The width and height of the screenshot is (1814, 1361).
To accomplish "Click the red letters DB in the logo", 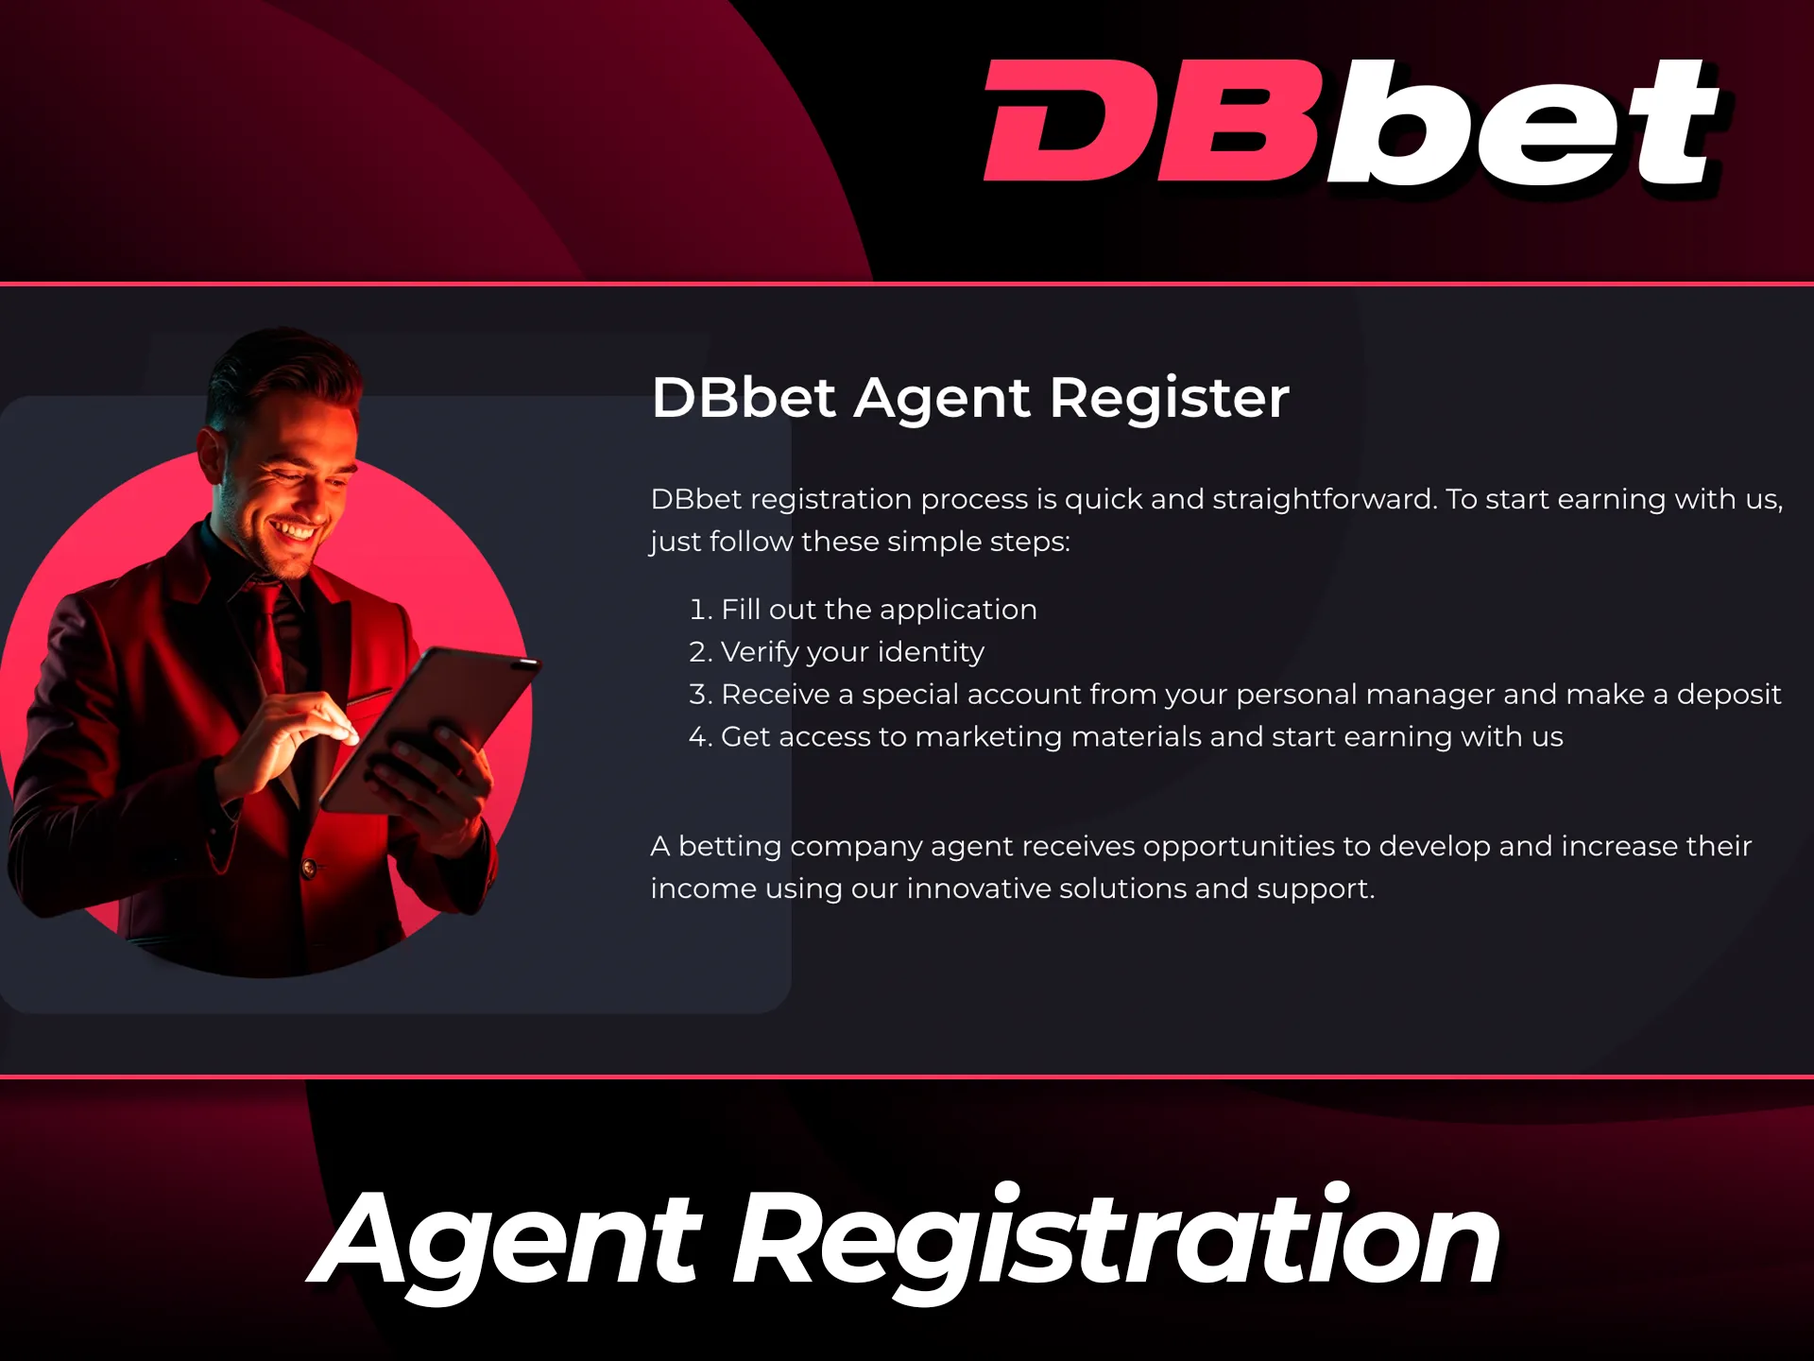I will (1148, 121).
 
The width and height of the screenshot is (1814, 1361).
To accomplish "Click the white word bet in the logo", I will (1521, 123).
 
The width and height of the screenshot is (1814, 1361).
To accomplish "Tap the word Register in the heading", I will (1169, 398).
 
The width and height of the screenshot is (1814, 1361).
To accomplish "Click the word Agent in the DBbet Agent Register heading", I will (941, 398).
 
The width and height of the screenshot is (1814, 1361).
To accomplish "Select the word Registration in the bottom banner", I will (1116, 1238).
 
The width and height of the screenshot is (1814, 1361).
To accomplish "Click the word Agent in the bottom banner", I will (510, 1238).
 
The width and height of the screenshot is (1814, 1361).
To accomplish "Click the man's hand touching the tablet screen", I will (312, 723).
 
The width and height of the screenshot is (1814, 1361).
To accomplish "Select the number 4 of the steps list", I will (698, 737).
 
